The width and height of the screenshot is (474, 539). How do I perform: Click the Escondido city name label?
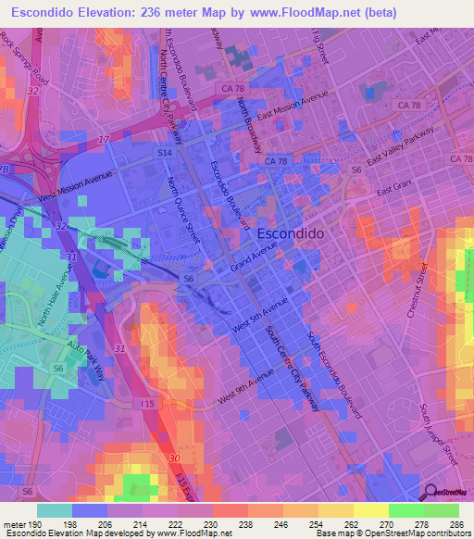[x=290, y=234]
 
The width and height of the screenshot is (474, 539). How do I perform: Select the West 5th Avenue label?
[x=254, y=317]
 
